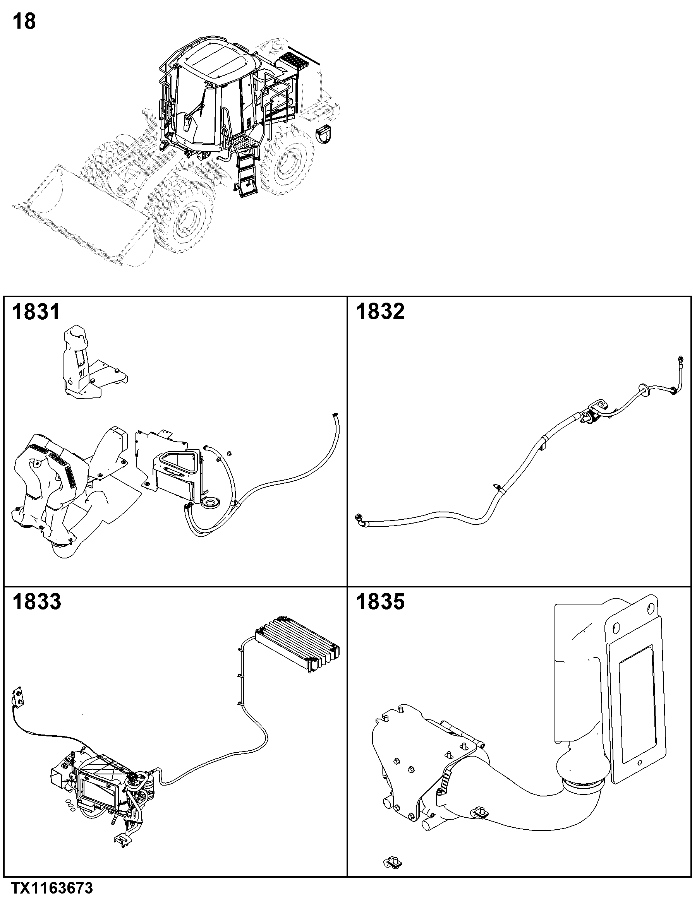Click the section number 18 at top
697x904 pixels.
click(x=24, y=21)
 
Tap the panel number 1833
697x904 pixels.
click(x=36, y=602)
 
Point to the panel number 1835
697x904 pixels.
click(x=380, y=602)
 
